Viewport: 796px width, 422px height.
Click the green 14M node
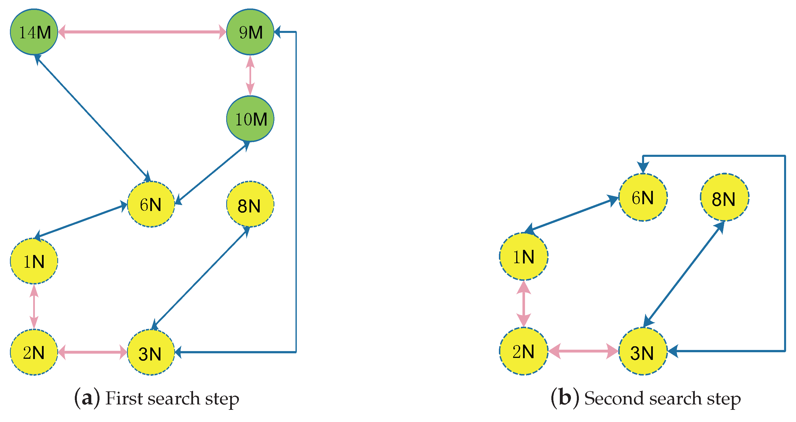34,32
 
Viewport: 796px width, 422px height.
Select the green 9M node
250,32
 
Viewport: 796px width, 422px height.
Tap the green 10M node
250,119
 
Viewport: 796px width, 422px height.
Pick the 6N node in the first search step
151,204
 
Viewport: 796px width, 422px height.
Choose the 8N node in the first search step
250,204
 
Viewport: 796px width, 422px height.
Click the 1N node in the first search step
34,261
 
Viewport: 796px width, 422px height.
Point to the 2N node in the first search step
34,352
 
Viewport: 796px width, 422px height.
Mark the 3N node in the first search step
151,352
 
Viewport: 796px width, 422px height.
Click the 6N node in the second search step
643,197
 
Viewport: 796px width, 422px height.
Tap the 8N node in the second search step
724,197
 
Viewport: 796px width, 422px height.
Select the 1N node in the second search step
524,256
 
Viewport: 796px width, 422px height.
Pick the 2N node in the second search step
524,351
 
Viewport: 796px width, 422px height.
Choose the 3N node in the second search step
643,351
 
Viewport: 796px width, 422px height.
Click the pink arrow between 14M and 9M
142,32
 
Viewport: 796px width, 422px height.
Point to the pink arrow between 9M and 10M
250,75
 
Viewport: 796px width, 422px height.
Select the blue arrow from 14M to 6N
93,117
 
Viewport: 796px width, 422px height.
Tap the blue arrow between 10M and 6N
213,173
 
